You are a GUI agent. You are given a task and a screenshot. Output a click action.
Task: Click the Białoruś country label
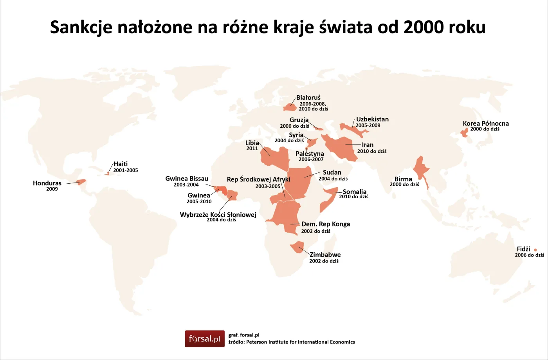coord(308,98)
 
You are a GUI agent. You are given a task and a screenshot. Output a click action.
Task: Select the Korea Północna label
coord(485,123)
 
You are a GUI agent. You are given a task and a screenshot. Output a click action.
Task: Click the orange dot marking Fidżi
coord(535,250)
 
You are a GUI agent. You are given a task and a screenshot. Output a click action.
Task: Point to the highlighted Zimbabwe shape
coord(296,248)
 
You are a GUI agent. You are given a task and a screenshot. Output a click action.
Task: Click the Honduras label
coord(47,183)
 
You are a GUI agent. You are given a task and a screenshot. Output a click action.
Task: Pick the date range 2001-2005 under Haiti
coord(125,170)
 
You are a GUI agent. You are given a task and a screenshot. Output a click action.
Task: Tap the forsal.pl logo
coord(204,338)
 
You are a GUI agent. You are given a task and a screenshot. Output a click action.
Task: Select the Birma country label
coord(403,179)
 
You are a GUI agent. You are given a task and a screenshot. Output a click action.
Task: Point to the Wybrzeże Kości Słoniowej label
coord(218,215)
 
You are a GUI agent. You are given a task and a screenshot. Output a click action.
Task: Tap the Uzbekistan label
coord(372,119)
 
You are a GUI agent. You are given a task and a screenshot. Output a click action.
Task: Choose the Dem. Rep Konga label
coord(326,224)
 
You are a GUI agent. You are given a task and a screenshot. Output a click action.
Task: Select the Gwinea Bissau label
coord(186,179)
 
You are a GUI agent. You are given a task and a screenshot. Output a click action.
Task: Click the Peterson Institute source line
coord(292,342)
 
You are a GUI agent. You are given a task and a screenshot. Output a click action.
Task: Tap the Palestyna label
coord(310,154)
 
